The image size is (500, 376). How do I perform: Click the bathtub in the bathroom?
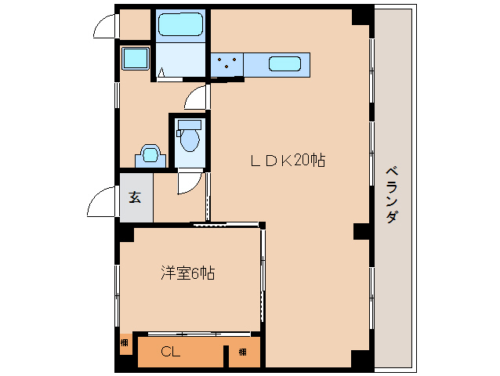click(x=179, y=25)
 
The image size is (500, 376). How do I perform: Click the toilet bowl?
click(x=188, y=138)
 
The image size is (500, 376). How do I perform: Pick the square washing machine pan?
click(x=136, y=58)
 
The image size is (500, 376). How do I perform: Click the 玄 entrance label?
click(x=135, y=197)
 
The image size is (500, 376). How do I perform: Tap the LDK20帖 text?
click(x=288, y=161)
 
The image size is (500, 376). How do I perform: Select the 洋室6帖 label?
click(x=188, y=273)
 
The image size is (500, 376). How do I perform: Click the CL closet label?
click(x=171, y=352)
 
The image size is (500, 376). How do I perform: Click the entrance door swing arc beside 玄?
click(x=102, y=206)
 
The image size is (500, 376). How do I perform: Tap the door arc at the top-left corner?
click(x=104, y=26)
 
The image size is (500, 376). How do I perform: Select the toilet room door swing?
click(x=188, y=182)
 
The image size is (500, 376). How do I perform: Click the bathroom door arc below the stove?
click(x=197, y=98)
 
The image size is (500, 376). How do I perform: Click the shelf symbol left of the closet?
click(x=125, y=342)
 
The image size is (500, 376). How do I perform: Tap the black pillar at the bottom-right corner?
click(x=361, y=360)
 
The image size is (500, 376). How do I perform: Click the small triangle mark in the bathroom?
click(x=161, y=74)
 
